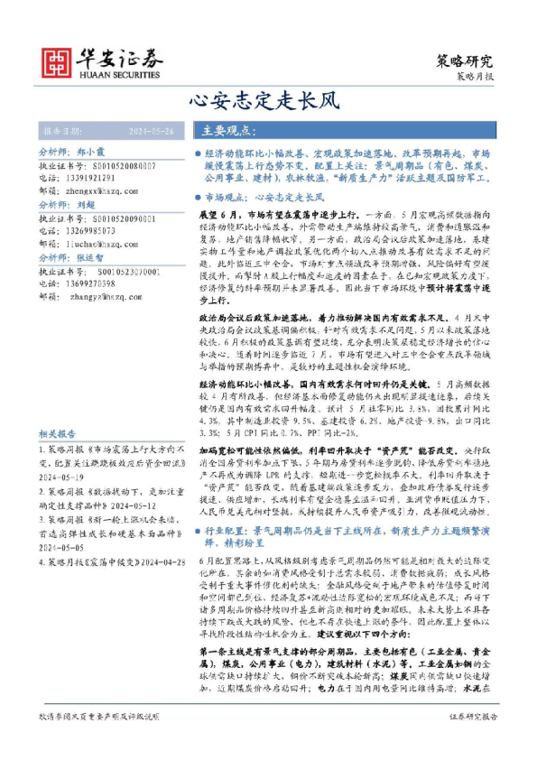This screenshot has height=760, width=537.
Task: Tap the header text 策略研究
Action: pos(465,62)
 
